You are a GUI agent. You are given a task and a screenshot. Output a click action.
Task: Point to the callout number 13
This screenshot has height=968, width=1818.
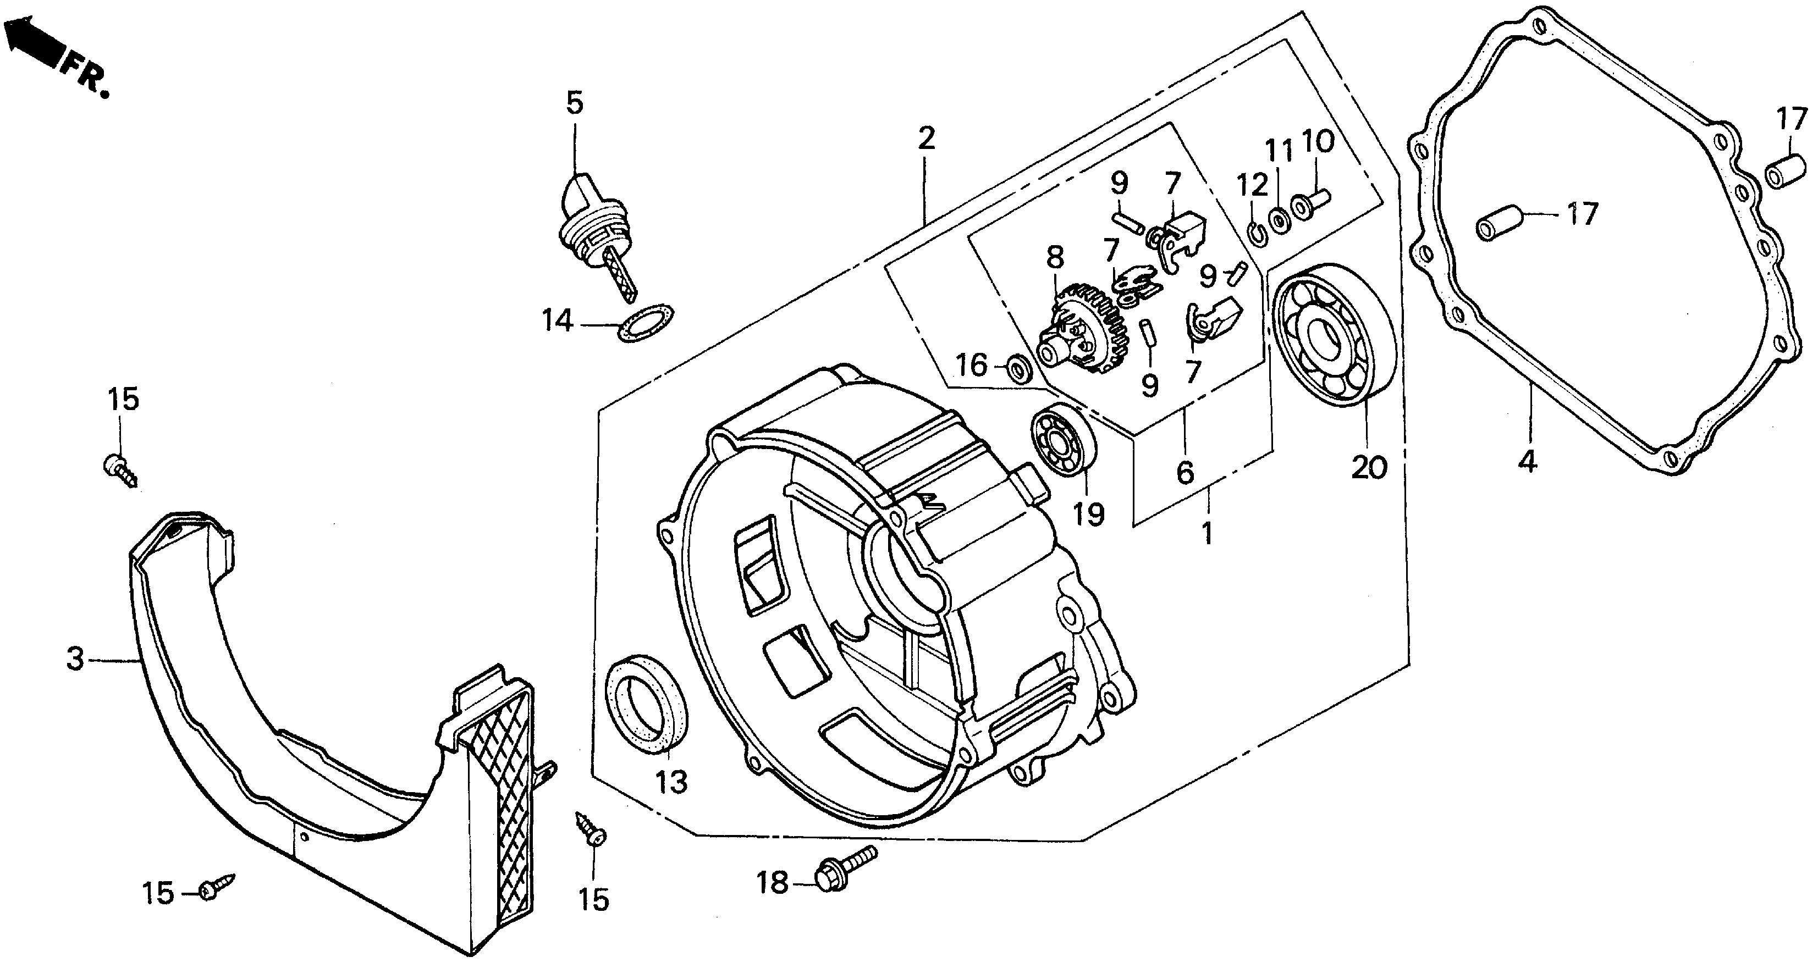670,782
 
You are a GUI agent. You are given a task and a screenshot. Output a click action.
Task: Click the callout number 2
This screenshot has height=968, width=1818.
926,137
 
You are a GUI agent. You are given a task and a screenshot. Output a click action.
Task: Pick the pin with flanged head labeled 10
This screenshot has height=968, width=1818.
1310,202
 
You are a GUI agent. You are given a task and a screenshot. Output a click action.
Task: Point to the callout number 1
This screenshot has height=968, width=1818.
1208,532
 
